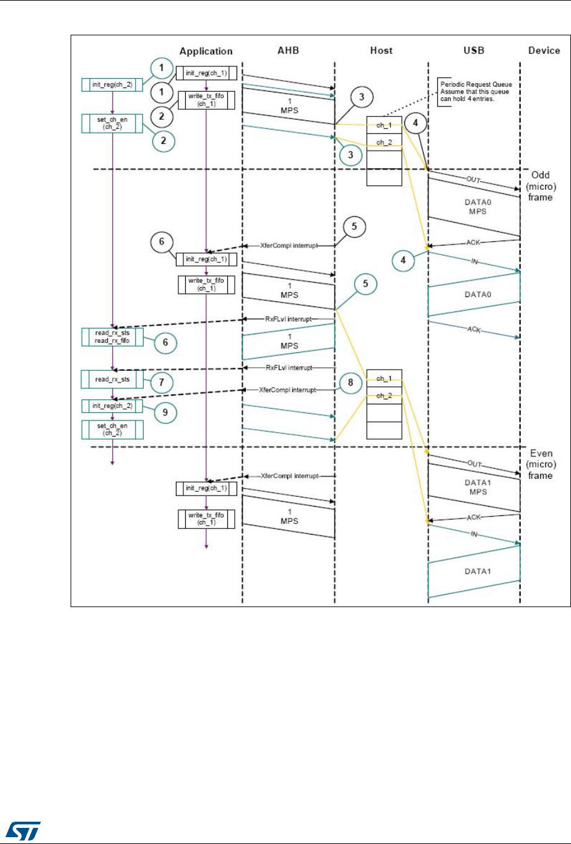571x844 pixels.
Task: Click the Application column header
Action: coord(206,51)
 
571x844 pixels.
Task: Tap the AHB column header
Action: coord(288,50)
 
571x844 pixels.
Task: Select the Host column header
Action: coord(381,50)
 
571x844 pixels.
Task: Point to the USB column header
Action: coord(474,50)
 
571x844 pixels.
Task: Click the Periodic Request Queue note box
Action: coord(476,91)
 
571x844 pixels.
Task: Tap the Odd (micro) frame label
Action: coord(540,186)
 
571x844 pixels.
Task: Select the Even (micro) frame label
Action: coord(540,464)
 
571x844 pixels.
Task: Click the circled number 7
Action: coord(162,383)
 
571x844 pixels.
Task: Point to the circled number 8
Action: coord(351,383)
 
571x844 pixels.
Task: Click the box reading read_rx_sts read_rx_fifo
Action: coord(112,337)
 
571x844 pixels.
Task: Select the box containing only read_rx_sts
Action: coord(112,380)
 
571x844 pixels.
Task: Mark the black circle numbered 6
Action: coord(162,241)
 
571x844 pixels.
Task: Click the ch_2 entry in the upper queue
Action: coord(384,143)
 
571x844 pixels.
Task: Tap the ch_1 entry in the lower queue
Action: coord(384,378)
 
